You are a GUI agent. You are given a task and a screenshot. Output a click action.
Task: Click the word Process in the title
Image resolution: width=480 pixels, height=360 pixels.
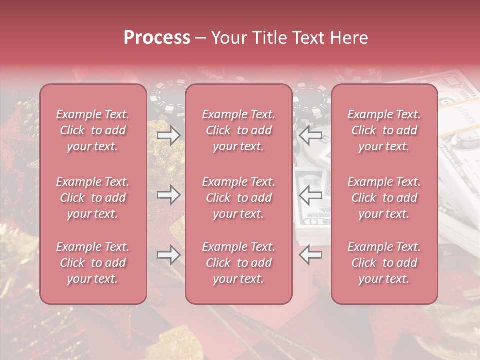pyautogui.click(x=157, y=38)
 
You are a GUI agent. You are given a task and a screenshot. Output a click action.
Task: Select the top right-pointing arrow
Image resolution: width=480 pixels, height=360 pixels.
pyautogui.click(x=168, y=135)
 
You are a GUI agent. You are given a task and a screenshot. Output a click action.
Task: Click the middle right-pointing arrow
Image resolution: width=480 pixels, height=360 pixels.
pyautogui.click(x=168, y=195)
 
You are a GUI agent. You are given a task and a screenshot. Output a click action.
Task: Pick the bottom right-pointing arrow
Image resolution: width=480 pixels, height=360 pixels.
pyautogui.click(x=168, y=255)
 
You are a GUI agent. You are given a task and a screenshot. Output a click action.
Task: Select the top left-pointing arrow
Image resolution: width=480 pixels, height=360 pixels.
pyautogui.click(x=310, y=135)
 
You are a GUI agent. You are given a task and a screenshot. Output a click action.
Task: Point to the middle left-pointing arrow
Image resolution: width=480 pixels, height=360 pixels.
pyautogui.click(x=310, y=195)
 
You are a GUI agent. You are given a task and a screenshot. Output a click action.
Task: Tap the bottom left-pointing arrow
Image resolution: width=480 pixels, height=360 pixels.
pyautogui.click(x=310, y=255)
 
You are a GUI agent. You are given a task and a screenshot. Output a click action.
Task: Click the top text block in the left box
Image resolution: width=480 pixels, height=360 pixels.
pyautogui.click(x=93, y=130)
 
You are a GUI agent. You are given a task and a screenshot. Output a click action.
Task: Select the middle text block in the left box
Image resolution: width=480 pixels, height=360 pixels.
pyautogui.click(x=93, y=198)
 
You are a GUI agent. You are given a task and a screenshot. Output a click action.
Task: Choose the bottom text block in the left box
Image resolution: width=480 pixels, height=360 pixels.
pyautogui.click(x=93, y=263)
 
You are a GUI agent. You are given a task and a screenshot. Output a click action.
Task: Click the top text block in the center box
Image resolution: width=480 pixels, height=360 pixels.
pyautogui.click(x=239, y=130)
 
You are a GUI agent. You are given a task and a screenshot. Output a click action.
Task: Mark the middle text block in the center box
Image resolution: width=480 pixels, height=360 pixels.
pyautogui.click(x=239, y=198)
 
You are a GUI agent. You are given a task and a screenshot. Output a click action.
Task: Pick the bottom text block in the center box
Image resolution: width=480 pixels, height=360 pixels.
pyautogui.click(x=239, y=263)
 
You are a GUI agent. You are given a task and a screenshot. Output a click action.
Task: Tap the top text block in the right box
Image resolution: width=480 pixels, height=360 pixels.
pyautogui.click(x=384, y=130)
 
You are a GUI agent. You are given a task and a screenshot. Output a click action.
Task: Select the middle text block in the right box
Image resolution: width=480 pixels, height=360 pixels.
pyautogui.click(x=384, y=198)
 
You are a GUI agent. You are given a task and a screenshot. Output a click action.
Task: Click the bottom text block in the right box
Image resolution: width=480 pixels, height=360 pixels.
pyautogui.click(x=384, y=263)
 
